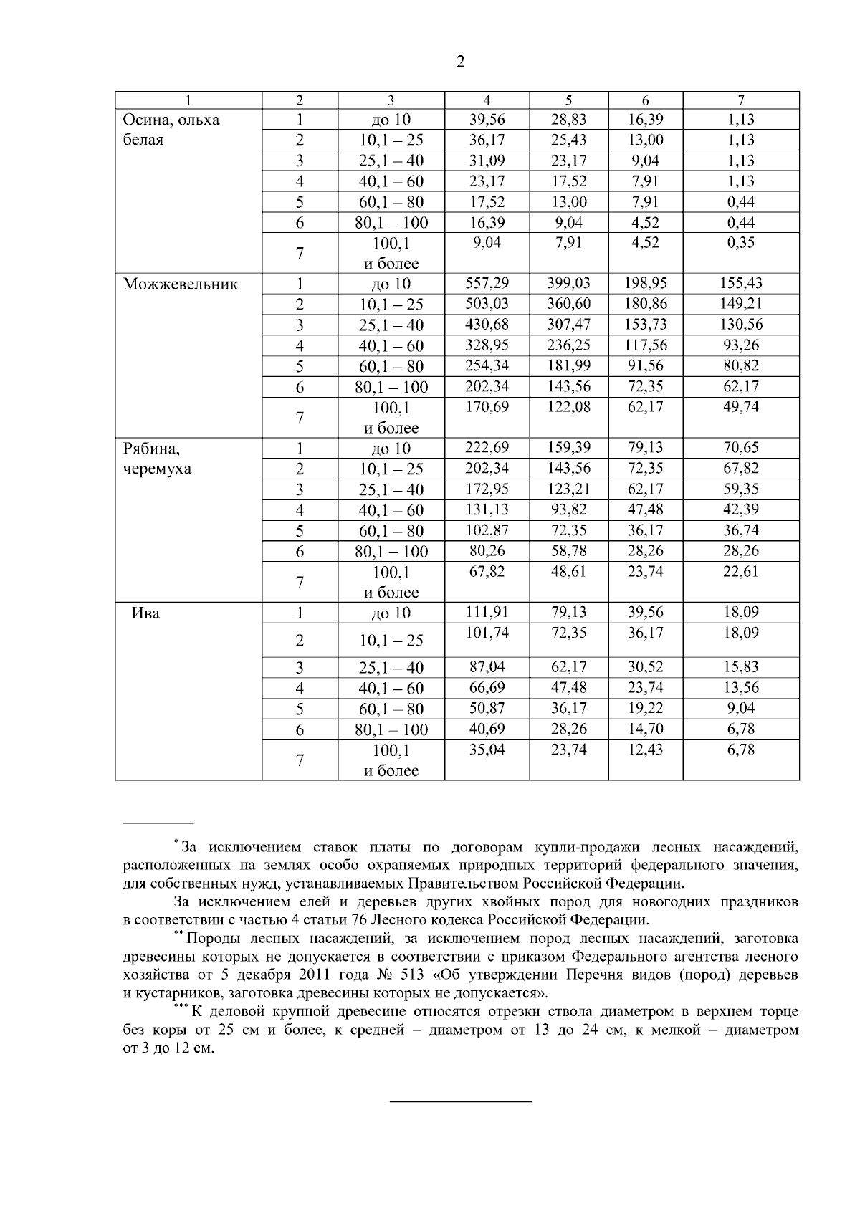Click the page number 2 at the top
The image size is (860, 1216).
point(460,62)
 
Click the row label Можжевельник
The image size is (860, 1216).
point(181,284)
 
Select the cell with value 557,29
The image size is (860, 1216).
point(487,283)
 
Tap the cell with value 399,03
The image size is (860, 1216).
point(569,283)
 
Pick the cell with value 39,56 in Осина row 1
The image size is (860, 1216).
point(487,119)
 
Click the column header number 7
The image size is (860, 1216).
point(741,100)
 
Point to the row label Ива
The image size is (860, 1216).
point(146,613)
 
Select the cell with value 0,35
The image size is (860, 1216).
point(741,242)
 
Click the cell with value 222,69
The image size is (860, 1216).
point(487,448)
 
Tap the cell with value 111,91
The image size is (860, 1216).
point(487,612)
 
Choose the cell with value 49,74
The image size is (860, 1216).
point(741,407)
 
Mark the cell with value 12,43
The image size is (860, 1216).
point(646,750)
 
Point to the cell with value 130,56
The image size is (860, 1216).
point(741,325)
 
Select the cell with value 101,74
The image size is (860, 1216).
point(487,633)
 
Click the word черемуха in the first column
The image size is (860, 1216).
point(157,469)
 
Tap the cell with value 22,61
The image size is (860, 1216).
point(741,572)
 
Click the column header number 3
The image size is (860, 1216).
point(391,100)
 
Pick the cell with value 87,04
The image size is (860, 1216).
point(487,667)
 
